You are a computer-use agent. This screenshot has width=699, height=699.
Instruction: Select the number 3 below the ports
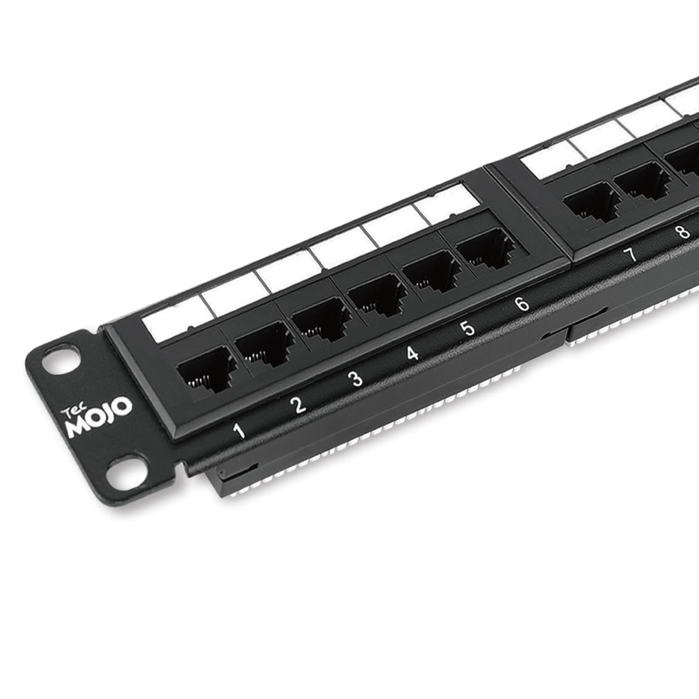pos(356,379)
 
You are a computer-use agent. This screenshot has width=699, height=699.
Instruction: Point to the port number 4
pos(413,354)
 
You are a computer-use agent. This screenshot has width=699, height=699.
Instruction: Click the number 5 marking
pos(468,329)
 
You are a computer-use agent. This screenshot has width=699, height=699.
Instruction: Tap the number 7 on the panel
pos(629,255)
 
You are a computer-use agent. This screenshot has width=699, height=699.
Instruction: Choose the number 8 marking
pos(681,232)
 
